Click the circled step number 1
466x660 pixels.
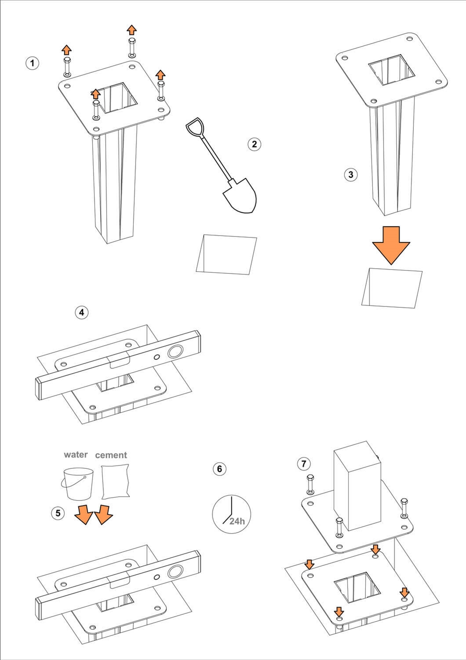point(32,63)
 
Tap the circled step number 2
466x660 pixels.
point(254,144)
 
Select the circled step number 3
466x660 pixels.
point(350,175)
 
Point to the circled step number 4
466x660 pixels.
point(82,312)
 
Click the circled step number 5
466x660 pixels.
point(58,513)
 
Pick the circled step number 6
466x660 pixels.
point(219,469)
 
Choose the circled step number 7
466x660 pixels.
point(304,464)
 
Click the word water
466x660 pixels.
point(75,455)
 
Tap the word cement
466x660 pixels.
point(111,455)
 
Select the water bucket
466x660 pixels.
point(77,484)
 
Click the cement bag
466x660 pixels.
point(115,483)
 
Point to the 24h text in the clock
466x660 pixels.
point(237,521)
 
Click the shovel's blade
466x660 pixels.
point(240,196)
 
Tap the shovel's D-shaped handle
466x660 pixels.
point(193,127)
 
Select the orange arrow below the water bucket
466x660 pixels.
point(83,514)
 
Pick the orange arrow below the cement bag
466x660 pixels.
point(103,514)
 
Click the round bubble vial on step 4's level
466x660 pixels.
point(176,352)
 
